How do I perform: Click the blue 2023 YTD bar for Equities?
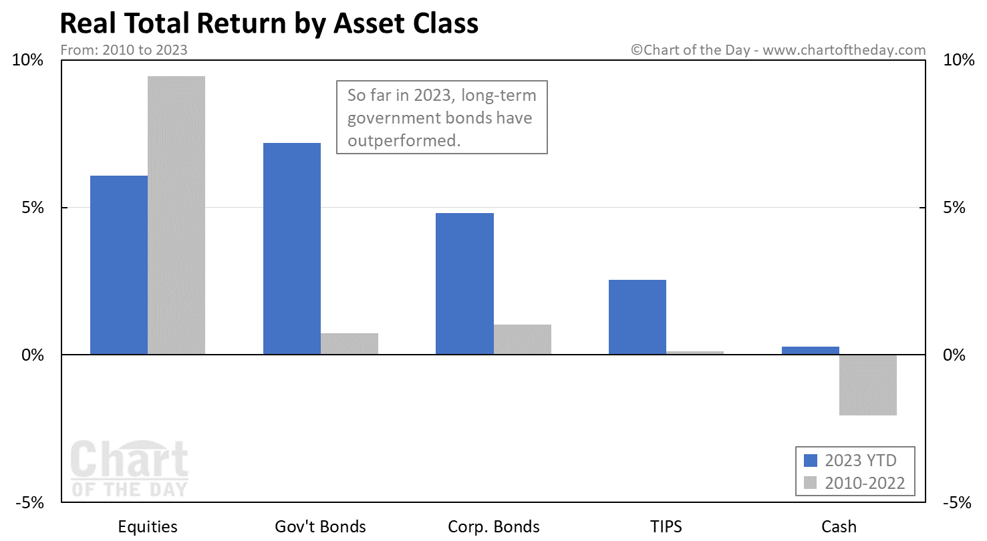119,264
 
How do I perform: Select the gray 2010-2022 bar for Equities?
176,215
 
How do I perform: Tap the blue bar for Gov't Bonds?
292,248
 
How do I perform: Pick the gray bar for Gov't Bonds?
349,343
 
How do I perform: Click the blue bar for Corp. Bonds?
465,284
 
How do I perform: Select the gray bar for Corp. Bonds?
523,339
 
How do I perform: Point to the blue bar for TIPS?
638,317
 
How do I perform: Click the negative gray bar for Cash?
868,385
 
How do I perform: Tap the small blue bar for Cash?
811,351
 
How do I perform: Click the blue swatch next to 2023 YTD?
811,460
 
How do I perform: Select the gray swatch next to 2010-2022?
811,483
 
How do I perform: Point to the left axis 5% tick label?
33,207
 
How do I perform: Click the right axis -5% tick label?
957,502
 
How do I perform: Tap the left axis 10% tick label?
28,60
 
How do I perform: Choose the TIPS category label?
666,526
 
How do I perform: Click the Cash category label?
839,526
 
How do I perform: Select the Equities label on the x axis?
148,527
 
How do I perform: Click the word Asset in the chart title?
369,23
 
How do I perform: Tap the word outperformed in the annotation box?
404,141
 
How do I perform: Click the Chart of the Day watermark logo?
130,468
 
